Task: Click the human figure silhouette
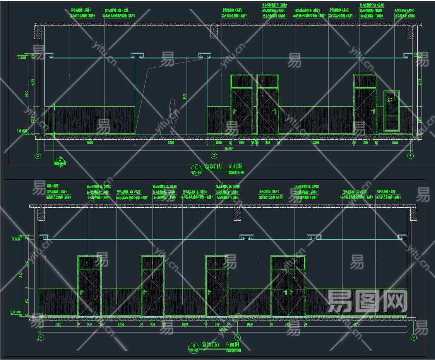[172, 116]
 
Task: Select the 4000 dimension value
[90, 142]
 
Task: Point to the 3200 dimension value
[171, 142]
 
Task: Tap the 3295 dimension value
[316, 142]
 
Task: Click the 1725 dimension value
[58, 324]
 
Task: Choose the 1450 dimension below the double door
[288, 324]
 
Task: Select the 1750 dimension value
[121, 324]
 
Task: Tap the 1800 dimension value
[185, 324]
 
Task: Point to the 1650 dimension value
[249, 324]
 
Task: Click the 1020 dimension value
[218, 142]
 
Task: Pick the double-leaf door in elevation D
[288, 292]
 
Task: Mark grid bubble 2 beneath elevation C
[38, 156]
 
